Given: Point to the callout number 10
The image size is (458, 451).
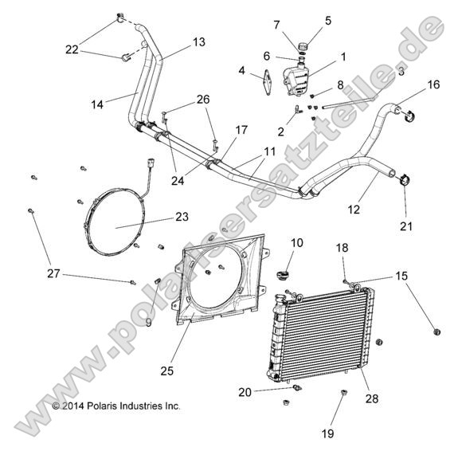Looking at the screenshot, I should point(296,242).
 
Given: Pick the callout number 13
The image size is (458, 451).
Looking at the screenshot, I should point(198,41).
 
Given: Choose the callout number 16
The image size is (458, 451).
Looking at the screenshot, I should point(433,84).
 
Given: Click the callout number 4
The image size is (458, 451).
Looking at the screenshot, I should point(241,70).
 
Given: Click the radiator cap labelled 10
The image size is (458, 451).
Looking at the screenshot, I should point(281,276).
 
